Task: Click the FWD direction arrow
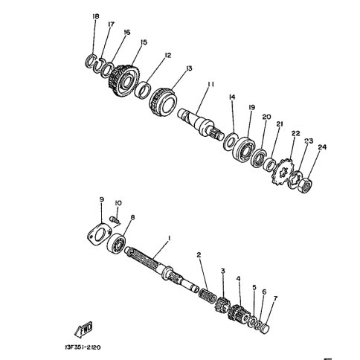pos(83,330)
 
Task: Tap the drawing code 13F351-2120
pos(83,347)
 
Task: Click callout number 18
pos(95,16)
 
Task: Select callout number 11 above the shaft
pos(210,84)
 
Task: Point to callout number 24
pos(322,147)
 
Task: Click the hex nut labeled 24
pos(305,186)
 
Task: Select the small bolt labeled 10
pos(115,219)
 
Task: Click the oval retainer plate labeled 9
pos(99,234)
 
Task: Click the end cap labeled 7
pos(264,330)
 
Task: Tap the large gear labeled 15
pos(125,81)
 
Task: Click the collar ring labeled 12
pos(143,90)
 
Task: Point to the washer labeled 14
pos(231,141)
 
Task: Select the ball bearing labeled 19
pos(245,148)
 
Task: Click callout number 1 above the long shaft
pos(170,238)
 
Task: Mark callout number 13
pos(189,68)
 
